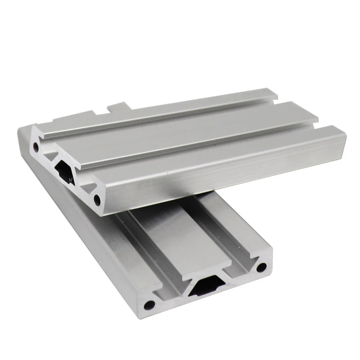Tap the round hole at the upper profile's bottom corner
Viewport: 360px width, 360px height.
pyautogui.click(x=97, y=198)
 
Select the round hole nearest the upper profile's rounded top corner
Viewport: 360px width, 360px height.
pyautogui.click(x=35, y=146)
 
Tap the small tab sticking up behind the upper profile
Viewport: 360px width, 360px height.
pyautogui.click(x=118, y=108)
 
